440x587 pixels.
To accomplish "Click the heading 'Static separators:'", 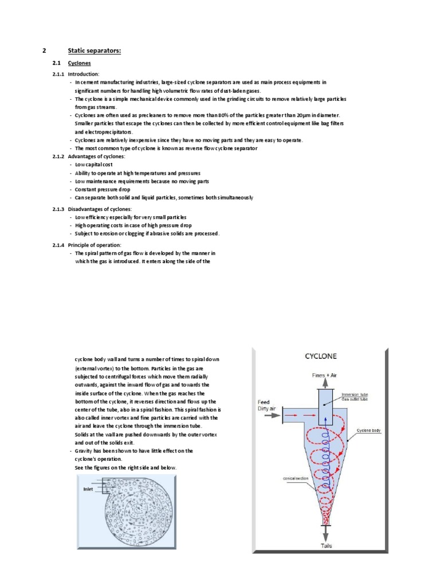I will coord(94,51).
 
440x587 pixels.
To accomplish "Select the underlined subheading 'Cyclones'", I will coord(79,64).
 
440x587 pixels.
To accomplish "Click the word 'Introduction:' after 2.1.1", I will coord(84,75).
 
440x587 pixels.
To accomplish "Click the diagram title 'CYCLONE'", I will coord(320,356).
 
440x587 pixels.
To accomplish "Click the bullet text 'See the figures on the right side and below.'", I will coord(126,468).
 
